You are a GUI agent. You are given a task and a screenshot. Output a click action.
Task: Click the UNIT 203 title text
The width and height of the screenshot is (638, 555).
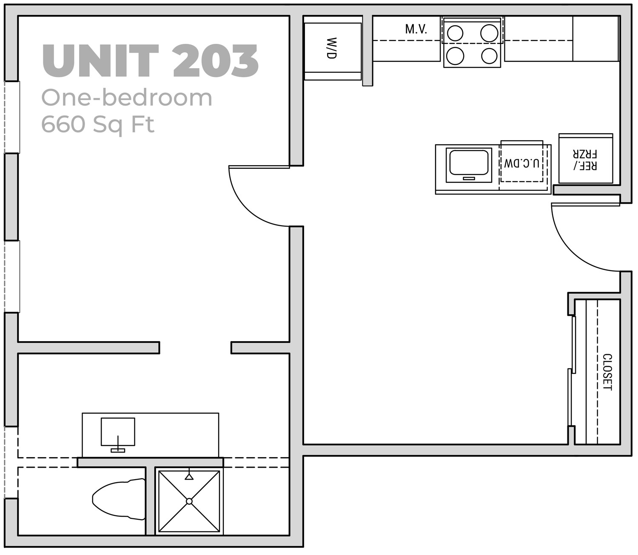point(150,61)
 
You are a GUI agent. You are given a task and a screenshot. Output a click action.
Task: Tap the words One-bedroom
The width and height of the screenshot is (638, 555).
point(126,98)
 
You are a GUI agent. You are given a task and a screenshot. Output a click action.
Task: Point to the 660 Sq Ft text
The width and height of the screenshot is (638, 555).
point(97,124)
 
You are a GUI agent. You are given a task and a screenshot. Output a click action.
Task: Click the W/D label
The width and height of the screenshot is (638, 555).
point(332,48)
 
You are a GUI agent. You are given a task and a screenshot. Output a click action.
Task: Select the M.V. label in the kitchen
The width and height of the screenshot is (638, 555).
point(416,29)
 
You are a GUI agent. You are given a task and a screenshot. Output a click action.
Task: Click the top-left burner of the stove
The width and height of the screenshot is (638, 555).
point(455,33)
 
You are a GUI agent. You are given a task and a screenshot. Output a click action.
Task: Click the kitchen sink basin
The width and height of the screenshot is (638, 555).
point(469,162)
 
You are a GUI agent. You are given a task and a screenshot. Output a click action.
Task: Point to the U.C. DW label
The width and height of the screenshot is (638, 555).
point(521,163)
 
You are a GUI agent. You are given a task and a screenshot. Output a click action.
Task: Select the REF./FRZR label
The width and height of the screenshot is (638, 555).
point(586,159)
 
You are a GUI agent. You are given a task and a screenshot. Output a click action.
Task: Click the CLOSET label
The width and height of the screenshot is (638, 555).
point(607,372)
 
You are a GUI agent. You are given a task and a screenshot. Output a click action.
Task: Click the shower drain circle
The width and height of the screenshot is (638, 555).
point(189,501)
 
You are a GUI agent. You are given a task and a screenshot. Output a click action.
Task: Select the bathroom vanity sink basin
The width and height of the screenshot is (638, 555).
point(118,431)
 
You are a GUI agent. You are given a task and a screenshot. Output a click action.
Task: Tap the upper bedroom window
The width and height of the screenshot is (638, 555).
point(12,117)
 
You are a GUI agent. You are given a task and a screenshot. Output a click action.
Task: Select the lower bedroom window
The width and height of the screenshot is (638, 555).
point(12,276)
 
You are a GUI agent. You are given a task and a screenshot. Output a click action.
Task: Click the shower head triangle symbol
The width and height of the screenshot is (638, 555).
point(189,477)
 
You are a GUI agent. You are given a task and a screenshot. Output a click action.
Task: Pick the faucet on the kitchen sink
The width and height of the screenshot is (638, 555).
point(469,178)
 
